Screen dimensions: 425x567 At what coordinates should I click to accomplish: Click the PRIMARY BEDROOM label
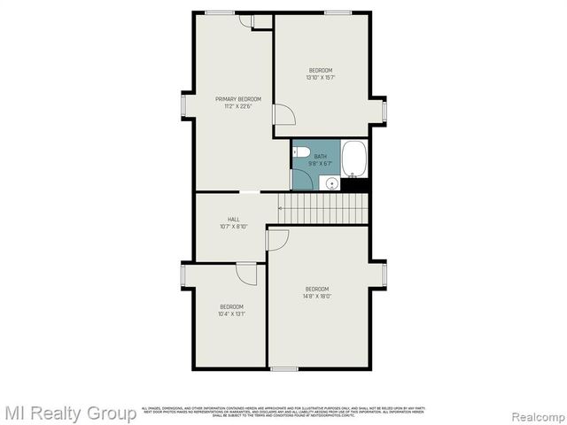(x=233, y=99)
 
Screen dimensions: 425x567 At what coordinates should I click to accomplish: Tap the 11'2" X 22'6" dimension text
(x=233, y=106)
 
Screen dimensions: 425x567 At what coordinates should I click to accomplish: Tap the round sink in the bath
(x=331, y=183)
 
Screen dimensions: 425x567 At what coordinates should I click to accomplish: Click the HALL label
(x=233, y=220)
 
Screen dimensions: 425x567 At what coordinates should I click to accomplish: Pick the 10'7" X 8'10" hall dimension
(x=233, y=227)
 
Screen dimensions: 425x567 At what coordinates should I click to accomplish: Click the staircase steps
(x=322, y=209)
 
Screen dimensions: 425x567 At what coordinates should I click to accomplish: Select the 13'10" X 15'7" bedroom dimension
(x=320, y=77)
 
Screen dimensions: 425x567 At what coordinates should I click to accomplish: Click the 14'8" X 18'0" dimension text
(x=317, y=297)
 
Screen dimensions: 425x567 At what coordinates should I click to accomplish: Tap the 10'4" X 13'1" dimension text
(x=231, y=313)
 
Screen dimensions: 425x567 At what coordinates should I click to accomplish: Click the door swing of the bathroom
(x=302, y=180)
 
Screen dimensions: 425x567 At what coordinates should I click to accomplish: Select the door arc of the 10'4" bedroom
(x=247, y=274)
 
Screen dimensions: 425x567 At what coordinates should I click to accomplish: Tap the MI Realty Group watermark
(x=70, y=413)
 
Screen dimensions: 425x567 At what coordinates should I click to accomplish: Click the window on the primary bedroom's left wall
(x=183, y=105)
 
